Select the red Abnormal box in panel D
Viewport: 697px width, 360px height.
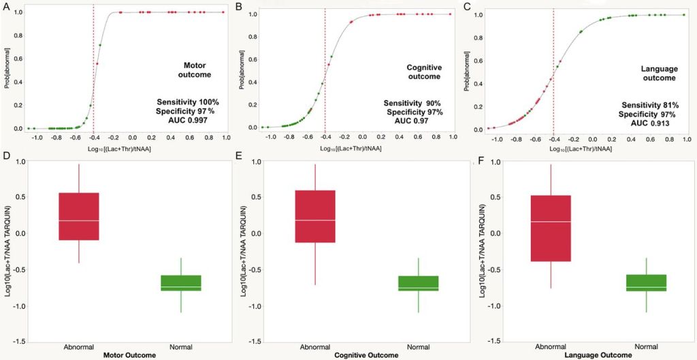point(79,216)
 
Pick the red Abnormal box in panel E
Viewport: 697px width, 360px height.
point(315,216)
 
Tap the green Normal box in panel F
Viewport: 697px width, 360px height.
point(645,283)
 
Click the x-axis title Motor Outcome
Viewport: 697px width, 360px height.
point(129,355)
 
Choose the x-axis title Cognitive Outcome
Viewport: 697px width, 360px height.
point(366,355)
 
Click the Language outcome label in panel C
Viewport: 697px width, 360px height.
point(658,73)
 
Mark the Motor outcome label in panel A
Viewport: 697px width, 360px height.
point(193,69)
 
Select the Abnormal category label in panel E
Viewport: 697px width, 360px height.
point(315,347)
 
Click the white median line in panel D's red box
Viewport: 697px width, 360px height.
point(79,220)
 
